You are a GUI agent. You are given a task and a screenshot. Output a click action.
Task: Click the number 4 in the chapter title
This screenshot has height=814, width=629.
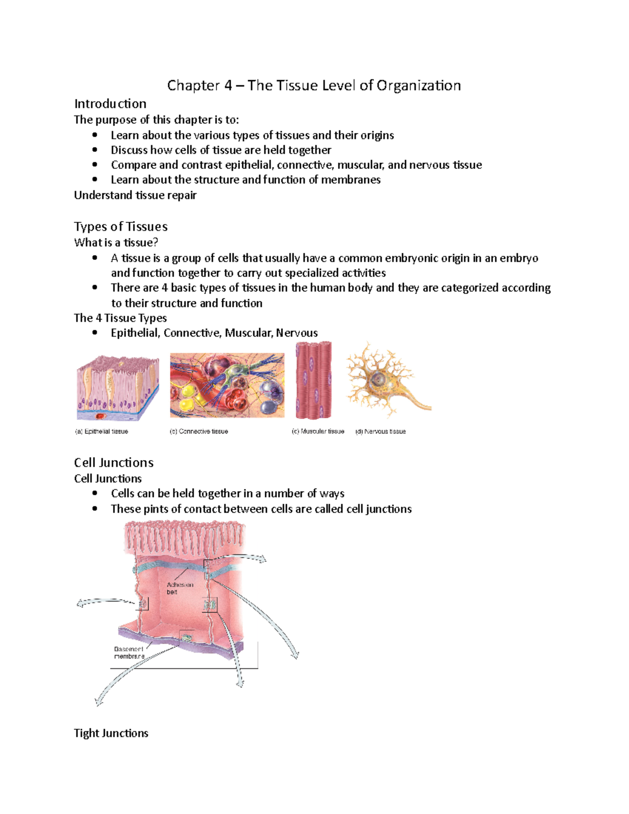pos(228,85)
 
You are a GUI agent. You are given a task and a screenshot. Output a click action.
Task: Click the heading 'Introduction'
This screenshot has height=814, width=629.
pos(110,104)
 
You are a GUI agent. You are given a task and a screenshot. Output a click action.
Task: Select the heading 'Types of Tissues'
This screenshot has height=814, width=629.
pos(121,226)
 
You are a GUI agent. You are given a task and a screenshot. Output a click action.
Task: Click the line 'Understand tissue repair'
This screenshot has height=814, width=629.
pos(135,196)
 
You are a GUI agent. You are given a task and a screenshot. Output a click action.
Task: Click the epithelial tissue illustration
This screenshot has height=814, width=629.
pos(117,388)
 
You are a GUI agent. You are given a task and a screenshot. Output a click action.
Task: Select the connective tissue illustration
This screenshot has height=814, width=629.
pos(227,385)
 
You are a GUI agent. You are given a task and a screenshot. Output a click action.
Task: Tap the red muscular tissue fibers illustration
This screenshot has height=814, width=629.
pos(313,380)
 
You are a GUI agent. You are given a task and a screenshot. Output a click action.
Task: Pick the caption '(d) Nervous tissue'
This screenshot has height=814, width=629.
pos(381,431)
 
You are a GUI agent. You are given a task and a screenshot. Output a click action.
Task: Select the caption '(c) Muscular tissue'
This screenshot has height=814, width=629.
pos(318,431)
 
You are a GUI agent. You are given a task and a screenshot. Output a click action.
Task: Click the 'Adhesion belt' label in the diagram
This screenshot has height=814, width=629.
pos(180,588)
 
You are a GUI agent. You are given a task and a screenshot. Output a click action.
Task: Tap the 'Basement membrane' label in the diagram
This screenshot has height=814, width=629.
pos(129,653)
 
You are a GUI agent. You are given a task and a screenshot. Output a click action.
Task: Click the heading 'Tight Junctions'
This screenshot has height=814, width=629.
pos(111,733)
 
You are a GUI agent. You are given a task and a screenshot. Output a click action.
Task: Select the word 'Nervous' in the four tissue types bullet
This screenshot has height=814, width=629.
pos(297,333)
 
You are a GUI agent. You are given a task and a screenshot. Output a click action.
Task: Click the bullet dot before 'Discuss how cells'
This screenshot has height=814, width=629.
pos(95,150)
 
